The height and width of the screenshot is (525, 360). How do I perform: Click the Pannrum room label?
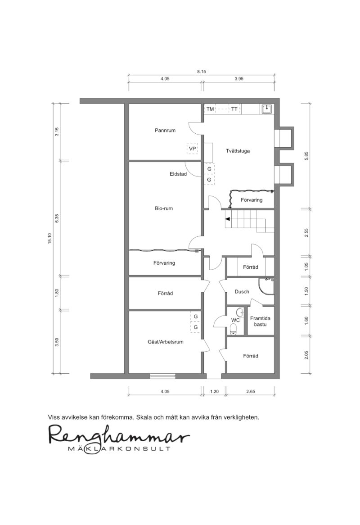tap(165, 130)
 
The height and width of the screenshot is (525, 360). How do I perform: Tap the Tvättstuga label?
tap(238, 151)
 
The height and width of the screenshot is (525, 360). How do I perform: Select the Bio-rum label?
tap(164, 208)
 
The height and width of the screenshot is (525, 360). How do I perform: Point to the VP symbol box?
tap(193, 148)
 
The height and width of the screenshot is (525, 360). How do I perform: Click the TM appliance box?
tap(210, 109)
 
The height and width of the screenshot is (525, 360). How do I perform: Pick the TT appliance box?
tap(234, 109)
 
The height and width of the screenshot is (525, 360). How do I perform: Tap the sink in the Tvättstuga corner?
tap(267, 109)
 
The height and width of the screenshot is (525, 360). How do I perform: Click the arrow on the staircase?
tap(228, 219)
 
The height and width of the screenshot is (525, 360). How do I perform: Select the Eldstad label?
tap(178, 174)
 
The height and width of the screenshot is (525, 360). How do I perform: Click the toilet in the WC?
tap(234, 330)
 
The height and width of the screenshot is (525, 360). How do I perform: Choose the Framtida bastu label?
tap(260, 321)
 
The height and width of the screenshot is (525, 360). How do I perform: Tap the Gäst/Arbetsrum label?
tap(166, 342)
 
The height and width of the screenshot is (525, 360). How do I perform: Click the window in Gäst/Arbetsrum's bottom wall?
tap(163, 376)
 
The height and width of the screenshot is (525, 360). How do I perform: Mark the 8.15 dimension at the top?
tap(202, 72)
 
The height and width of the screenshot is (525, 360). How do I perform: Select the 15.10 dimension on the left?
tap(50, 238)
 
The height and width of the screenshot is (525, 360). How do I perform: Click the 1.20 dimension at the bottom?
tap(214, 391)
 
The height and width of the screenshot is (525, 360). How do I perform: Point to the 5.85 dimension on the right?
tap(306, 156)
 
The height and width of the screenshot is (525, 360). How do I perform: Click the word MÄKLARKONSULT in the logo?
tap(119, 448)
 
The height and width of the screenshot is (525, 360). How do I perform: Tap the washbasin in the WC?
tap(240, 313)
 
